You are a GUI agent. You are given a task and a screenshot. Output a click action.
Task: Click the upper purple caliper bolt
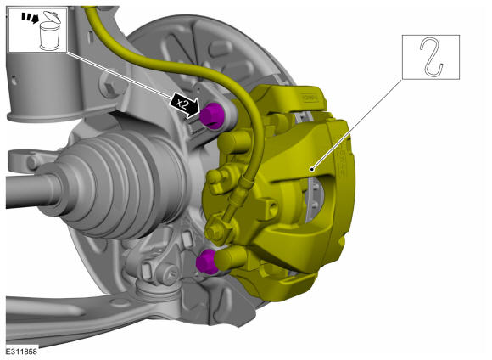click(x=212, y=115)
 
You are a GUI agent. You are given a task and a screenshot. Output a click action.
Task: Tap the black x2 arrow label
click(x=185, y=105)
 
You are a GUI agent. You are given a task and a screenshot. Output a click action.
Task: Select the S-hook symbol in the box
click(x=431, y=57)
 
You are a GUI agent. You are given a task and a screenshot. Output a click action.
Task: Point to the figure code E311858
click(x=21, y=352)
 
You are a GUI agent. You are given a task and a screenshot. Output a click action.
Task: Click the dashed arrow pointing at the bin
click(x=31, y=18)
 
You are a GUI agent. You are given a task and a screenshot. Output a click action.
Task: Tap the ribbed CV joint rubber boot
click(x=122, y=185)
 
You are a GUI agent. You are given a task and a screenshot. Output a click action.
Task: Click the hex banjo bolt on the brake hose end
click(x=216, y=231)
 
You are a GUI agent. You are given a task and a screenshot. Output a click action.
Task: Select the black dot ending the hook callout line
click(x=311, y=170)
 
